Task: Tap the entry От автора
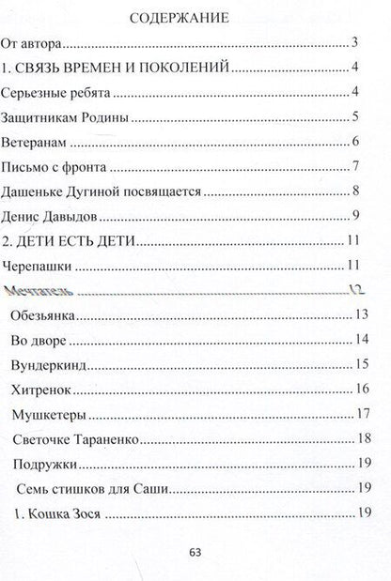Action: (34, 43)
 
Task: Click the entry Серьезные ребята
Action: (56, 93)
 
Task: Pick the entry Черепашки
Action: (43, 267)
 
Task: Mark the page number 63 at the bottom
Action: (196, 553)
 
